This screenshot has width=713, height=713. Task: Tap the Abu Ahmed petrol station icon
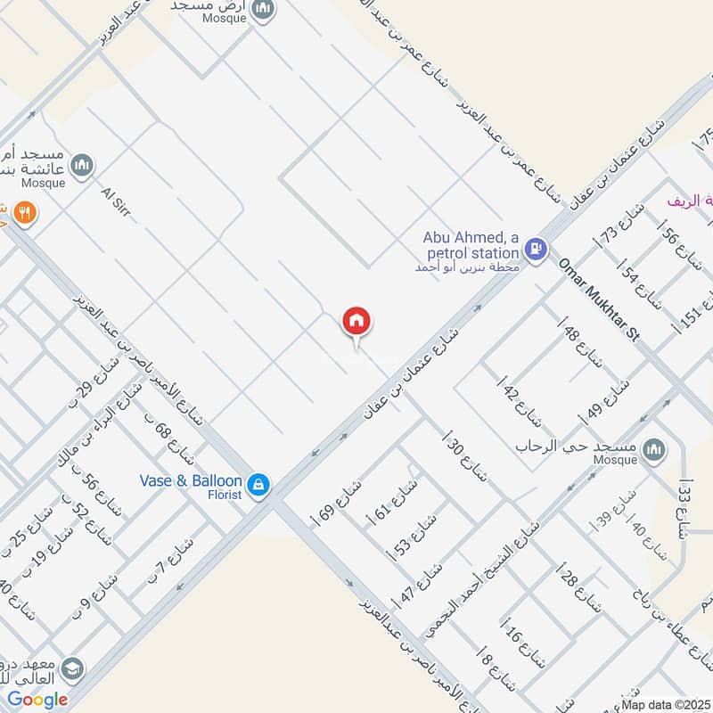click(x=536, y=249)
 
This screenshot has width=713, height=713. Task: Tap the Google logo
click(x=37, y=700)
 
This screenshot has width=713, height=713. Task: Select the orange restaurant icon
click(x=24, y=213)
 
